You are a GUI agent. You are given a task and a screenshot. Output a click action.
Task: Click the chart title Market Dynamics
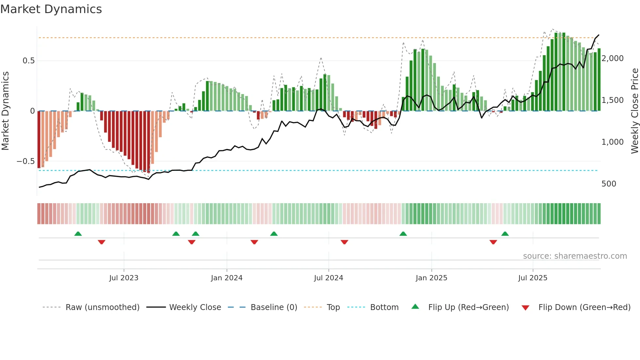point(51,9)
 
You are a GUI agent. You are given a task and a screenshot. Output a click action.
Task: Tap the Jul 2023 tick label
point(124,278)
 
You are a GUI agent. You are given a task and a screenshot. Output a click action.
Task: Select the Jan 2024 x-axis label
point(227,278)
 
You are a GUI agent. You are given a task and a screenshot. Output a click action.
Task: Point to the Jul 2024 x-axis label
point(328,278)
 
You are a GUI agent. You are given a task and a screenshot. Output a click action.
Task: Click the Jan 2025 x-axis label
point(431,278)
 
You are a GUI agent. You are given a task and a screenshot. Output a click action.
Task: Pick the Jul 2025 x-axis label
point(533,278)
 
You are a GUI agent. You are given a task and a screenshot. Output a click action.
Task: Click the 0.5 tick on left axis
point(28,61)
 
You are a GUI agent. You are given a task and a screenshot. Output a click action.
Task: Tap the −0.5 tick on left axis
point(25,161)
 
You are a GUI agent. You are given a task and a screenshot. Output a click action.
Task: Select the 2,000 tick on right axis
point(613,58)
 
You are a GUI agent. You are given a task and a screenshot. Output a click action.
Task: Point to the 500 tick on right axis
point(609,184)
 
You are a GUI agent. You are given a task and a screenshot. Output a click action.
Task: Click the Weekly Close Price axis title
point(634,111)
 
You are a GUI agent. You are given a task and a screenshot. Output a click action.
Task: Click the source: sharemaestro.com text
point(575,256)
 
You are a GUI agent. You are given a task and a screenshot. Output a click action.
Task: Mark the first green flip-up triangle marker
point(78,234)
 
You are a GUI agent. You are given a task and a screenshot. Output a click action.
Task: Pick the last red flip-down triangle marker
point(493,242)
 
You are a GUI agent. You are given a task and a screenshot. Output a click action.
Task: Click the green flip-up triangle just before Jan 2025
point(403,234)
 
